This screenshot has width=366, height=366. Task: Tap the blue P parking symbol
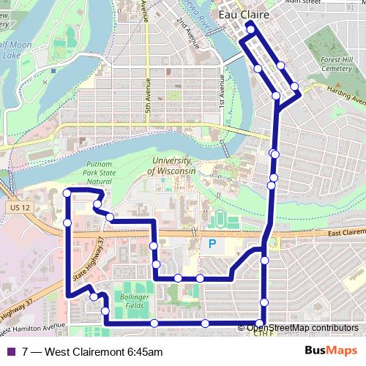[212, 244]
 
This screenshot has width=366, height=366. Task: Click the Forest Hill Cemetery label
[336, 67]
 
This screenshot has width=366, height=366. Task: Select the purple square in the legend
[10, 352]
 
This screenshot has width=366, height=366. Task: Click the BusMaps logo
[331, 351]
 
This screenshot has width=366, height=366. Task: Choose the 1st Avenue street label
[220, 94]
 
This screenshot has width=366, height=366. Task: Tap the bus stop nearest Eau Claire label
[250, 29]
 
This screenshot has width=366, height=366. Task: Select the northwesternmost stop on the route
[67, 193]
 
